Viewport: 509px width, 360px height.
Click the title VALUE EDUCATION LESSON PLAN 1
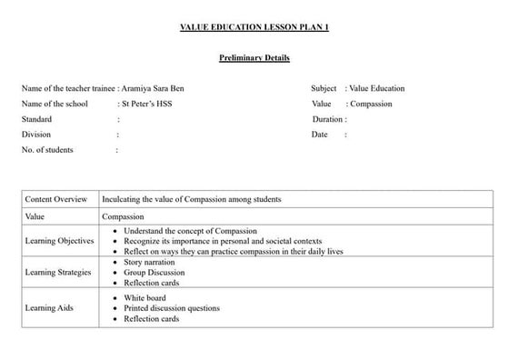coord(254,28)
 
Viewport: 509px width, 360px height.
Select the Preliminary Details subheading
coord(254,58)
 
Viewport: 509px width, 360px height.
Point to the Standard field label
coord(36,120)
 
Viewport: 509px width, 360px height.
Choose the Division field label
coord(36,135)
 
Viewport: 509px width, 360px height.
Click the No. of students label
coord(47,150)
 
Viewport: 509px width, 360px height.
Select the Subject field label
coord(324,89)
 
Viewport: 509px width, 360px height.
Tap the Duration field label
coord(327,120)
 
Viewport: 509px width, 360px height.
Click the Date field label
coord(319,135)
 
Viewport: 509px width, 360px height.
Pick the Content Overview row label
coord(56,199)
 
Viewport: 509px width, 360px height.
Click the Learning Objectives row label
coord(59,241)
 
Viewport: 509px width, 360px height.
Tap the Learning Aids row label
coord(49,308)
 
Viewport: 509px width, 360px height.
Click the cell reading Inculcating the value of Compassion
coord(191,199)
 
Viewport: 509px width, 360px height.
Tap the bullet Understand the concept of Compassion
coord(190,231)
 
